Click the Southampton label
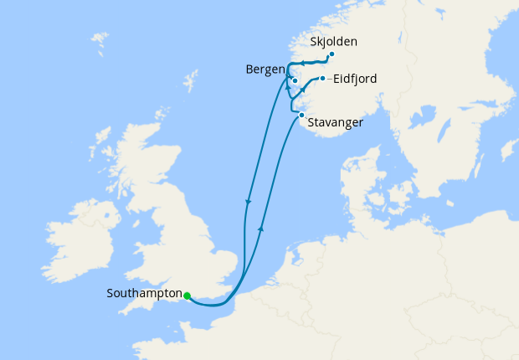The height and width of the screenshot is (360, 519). (144, 294)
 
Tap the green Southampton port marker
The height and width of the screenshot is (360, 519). (187, 296)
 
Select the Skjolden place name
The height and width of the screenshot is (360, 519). (333, 41)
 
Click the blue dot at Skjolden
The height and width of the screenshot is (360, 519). (331, 54)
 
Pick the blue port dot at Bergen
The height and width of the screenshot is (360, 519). (295, 81)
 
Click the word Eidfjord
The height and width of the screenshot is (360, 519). (354, 79)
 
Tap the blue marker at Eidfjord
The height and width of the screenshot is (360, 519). (322, 79)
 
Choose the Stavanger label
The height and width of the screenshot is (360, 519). (335, 122)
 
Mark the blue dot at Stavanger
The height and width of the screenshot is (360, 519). (301, 115)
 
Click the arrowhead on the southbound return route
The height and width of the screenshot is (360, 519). (248, 202)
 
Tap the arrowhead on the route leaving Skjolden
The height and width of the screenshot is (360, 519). (303, 63)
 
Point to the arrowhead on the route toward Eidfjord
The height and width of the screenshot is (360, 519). (302, 90)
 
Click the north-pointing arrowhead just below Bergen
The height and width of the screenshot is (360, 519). (288, 86)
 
